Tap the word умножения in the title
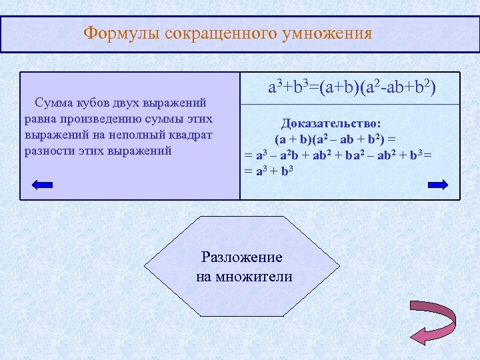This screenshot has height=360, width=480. [x=327, y=33]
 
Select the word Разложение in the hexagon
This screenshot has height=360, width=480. [x=241, y=257]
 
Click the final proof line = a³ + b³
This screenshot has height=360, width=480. [x=269, y=171]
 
